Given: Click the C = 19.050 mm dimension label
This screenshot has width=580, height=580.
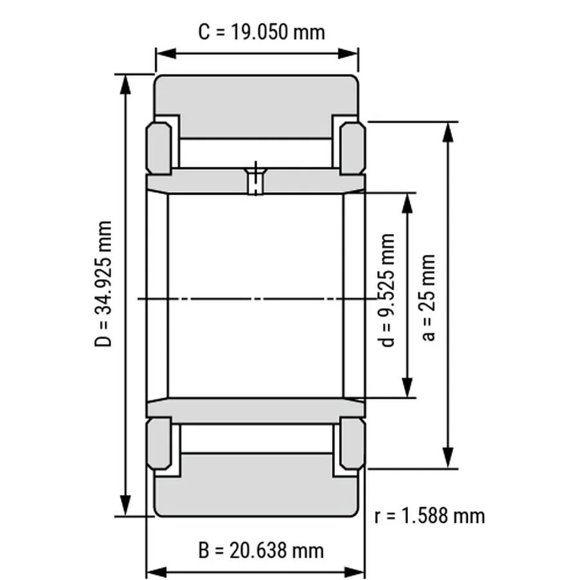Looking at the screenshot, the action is pyautogui.click(x=262, y=32).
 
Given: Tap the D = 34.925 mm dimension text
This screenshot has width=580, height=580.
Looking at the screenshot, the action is pyautogui.click(x=103, y=284).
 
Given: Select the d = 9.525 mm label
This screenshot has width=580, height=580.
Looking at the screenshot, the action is pyautogui.click(x=387, y=290).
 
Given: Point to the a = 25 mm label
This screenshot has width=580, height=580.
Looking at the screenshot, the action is pyautogui.click(x=428, y=297).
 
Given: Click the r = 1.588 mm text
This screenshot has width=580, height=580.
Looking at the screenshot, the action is pyautogui.click(x=429, y=516).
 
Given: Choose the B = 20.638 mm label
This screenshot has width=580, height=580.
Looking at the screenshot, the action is pyautogui.click(x=261, y=550).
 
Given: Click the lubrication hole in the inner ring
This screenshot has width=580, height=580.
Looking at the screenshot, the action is pyautogui.click(x=256, y=181).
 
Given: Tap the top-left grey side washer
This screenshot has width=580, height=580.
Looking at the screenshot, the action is pyautogui.click(x=159, y=148).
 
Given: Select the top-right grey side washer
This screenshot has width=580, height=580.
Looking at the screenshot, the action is pyautogui.click(x=353, y=148).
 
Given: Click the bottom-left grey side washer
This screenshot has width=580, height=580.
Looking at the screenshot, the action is pyautogui.click(x=159, y=443).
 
